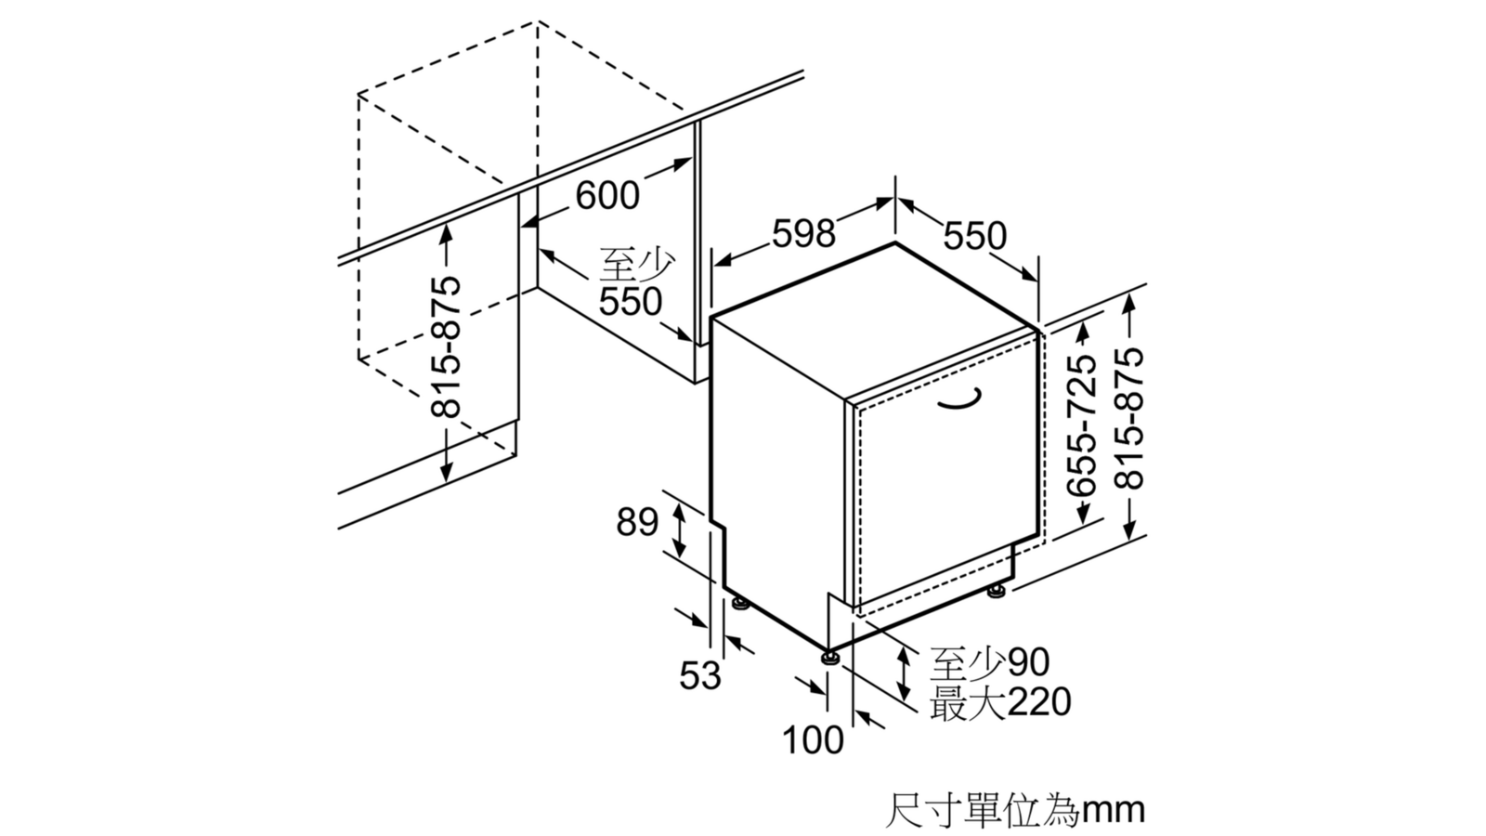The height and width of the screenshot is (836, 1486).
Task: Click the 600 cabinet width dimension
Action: (x=607, y=195)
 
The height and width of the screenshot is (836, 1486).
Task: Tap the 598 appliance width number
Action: (x=803, y=233)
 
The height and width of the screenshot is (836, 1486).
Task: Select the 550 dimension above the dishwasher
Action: (x=974, y=236)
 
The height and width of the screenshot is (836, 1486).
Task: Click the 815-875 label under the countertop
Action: (x=445, y=346)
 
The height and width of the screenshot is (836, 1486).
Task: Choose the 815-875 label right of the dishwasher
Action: (x=1129, y=419)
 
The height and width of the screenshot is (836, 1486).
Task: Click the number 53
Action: (x=700, y=675)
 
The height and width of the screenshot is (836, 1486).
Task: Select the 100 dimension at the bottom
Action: (x=813, y=739)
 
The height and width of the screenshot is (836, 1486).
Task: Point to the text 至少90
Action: (x=989, y=662)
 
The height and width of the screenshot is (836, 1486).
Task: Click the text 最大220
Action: (x=999, y=702)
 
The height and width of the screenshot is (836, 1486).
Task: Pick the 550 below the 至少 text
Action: (x=631, y=302)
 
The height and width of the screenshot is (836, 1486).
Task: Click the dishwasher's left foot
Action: (x=740, y=603)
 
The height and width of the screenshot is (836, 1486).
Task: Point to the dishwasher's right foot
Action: (x=997, y=591)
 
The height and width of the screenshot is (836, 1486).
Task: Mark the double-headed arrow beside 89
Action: (x=678, y=529)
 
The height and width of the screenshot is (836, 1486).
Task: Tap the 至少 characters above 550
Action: (x=637, y=266)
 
